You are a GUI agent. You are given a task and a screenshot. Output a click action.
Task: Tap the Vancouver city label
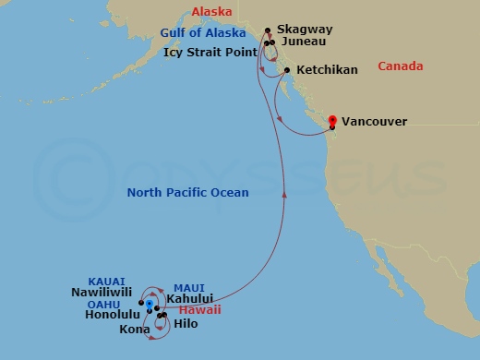click(x=374, y=121)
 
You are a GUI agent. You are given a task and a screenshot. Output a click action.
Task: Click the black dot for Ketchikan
click(x=288, y=71)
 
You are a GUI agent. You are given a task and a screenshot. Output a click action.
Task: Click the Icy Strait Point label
click(x=210, y=53)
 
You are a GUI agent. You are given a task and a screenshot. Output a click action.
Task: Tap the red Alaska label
click(x=210, y=12)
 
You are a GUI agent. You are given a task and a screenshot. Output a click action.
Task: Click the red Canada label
click(x=401, y=66)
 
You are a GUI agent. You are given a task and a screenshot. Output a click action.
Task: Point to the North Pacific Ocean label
click(x=188, y=192)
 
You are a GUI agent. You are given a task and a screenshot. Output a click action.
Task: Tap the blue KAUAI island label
click(x=106, y=279)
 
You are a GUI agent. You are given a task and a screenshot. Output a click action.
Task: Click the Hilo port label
click(x=186, y=324)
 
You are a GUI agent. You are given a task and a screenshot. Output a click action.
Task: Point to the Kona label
click(x=134, y=330)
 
